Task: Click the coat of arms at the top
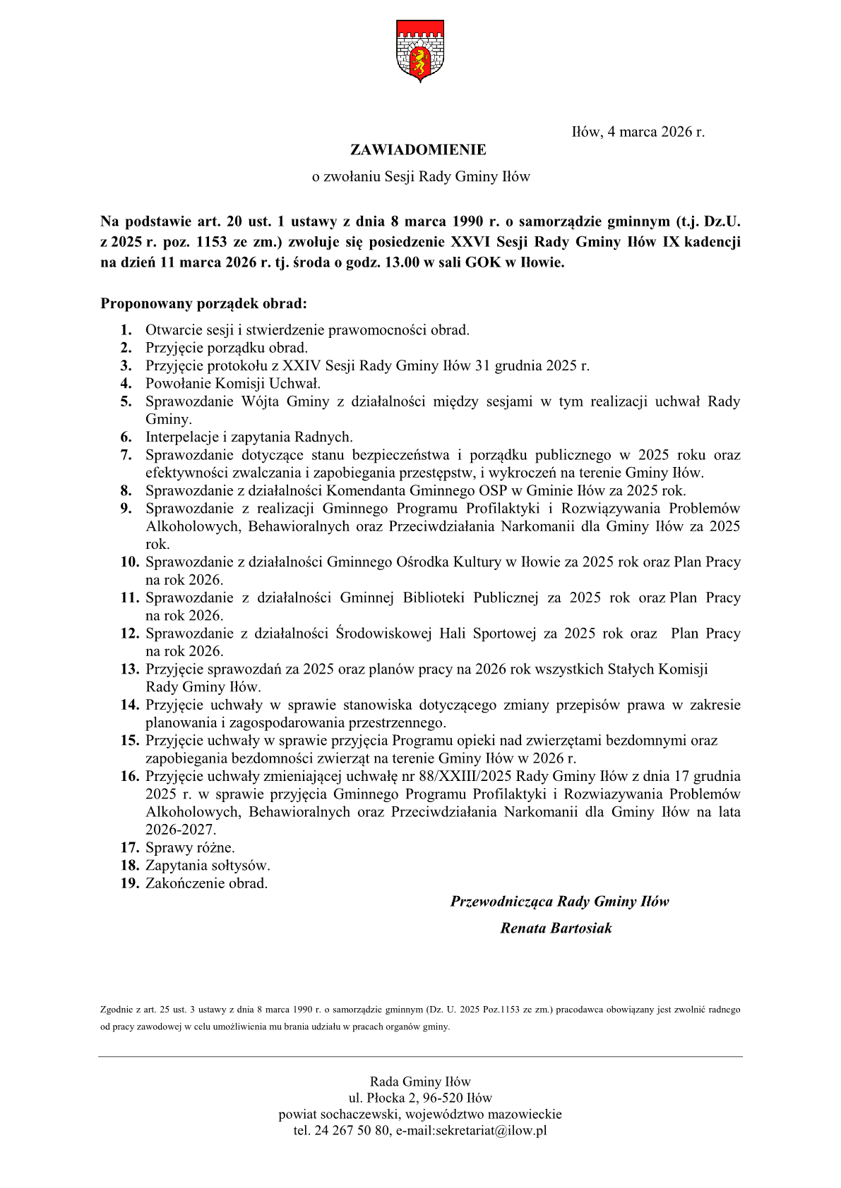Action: [420, 51]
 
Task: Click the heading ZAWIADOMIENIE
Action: [418, 150]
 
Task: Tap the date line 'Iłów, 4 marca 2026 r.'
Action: [638, 132]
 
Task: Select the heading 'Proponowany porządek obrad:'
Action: [203, 304]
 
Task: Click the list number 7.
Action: [126, 455]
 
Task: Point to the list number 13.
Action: [129, 669]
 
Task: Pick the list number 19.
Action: [129, 884]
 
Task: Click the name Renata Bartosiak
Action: [556, 928]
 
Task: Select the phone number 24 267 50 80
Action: [352, 1131]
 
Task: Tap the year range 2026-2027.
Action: [181, 830]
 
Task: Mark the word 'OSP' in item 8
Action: [492, 491]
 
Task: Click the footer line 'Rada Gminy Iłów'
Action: [420, 1081]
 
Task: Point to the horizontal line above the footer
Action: [420, 1056]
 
